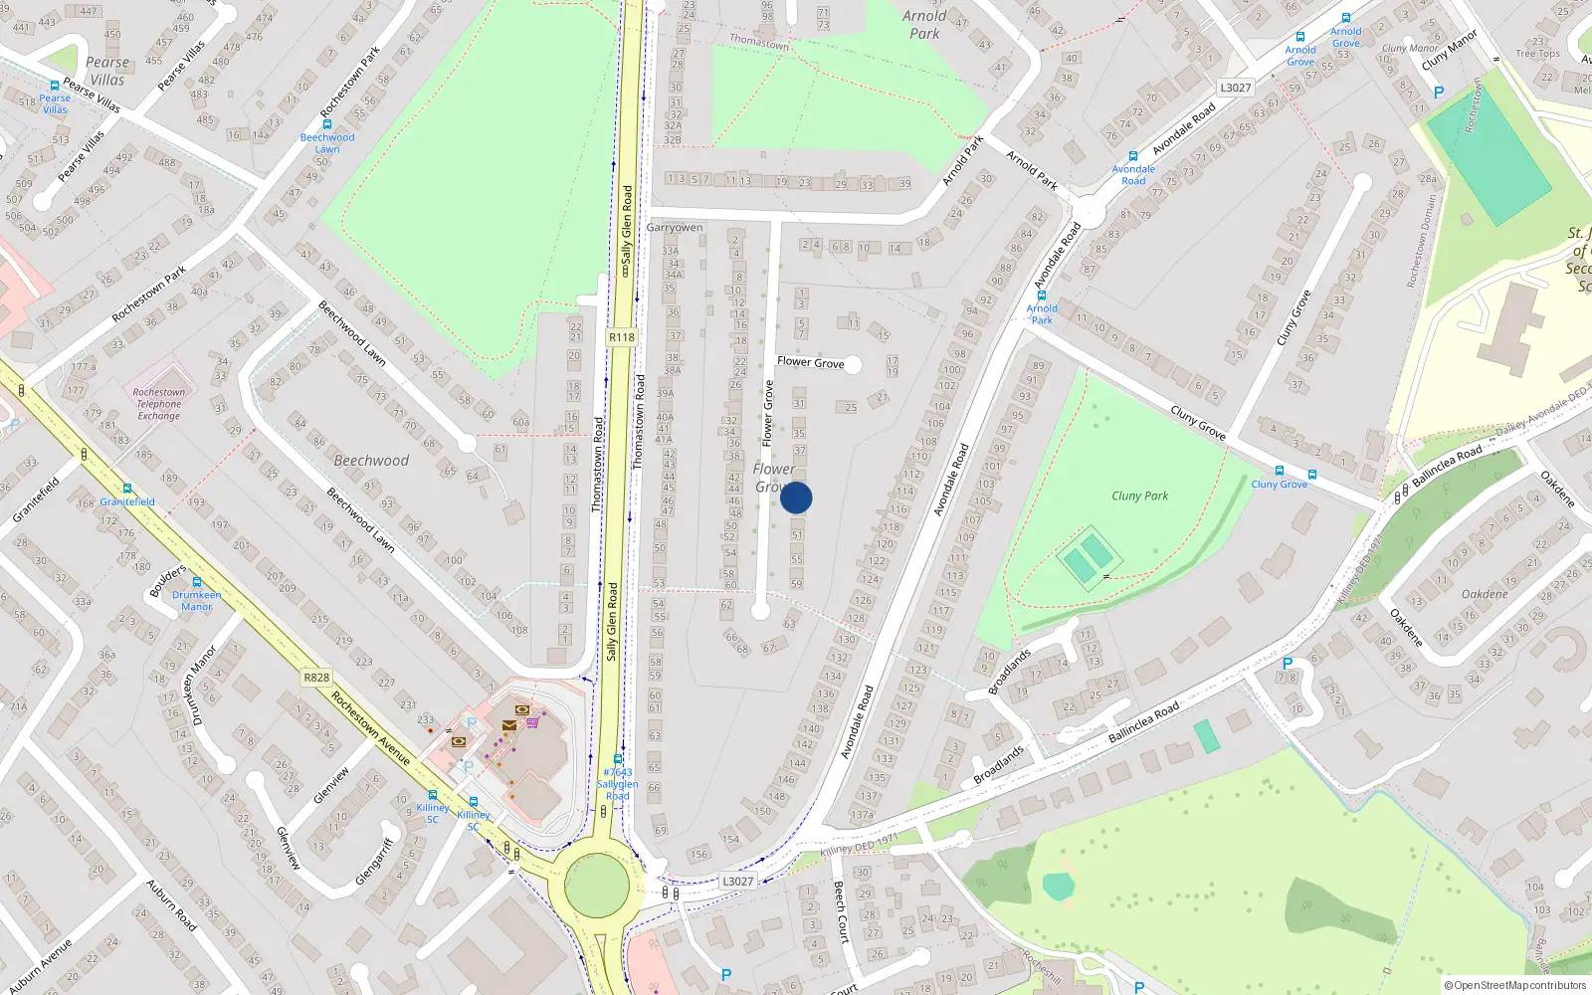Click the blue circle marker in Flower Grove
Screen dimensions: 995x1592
796,497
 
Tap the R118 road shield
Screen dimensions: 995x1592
622,337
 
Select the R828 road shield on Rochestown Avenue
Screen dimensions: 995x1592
316,678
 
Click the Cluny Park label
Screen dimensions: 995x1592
1139,496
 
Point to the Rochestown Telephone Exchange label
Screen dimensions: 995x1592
159,403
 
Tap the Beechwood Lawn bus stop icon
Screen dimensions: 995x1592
326,125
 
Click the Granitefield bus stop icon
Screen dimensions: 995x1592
127,489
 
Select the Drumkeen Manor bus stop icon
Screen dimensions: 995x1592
197,582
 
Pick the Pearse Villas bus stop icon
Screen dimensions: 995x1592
55,87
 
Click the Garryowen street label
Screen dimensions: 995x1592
675,228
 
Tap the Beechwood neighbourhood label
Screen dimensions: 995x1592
371,461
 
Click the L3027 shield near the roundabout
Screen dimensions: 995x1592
737,881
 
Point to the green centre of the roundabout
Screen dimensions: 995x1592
597,885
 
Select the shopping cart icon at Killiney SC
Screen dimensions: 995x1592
533,722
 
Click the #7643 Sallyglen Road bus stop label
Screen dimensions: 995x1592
618,784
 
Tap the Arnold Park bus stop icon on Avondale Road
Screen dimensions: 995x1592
1042,296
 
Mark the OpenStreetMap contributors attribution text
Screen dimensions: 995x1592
1515,985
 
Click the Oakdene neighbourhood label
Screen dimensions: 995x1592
1485,594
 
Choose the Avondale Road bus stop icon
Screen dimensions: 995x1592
1132,156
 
